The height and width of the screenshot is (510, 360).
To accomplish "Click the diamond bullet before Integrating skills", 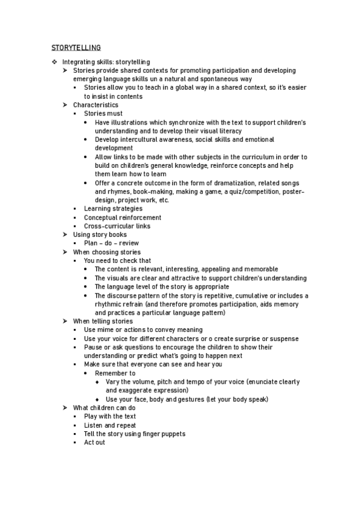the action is click(x=54, y=62).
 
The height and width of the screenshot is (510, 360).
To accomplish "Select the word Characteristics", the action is click(x=96, y=105).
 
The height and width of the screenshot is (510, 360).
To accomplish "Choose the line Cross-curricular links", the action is click(x=117, y=226).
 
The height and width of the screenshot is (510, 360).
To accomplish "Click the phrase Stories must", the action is click(x=103, y=114).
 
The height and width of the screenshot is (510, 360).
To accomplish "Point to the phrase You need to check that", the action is click(x=117, y=261).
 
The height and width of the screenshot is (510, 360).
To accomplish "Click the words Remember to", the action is click(x=115, y=373).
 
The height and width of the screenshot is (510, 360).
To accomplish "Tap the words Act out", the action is click(x=94, y=443).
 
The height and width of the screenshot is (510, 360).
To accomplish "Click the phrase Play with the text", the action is click(x=110, y=416).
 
